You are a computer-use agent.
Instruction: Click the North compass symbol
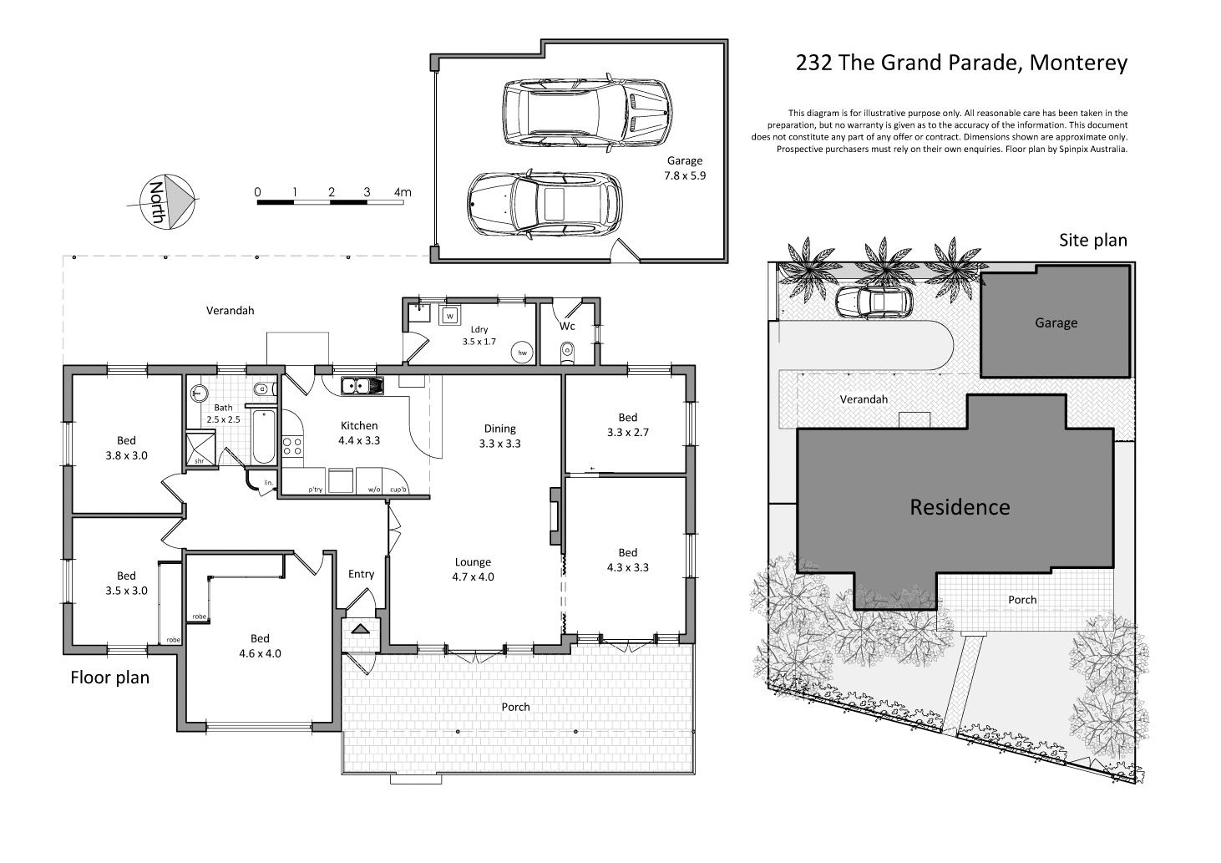point(167,201)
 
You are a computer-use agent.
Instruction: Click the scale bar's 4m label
point(403,192)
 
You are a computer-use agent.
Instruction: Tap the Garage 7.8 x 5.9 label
point(685,168)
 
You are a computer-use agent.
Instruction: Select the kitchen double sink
point(362,385)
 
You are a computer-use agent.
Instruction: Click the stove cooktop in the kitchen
point(292,446)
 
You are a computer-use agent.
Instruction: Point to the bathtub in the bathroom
point(265,437)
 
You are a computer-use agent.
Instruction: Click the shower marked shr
point(200,448)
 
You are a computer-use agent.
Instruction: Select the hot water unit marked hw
point(522,353)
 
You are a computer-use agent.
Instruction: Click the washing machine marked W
point(449,316)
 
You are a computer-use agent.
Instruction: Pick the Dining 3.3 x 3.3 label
point(500,436)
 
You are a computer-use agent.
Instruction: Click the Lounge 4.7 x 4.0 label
point(474,569)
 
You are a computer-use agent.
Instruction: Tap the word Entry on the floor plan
point(361,574)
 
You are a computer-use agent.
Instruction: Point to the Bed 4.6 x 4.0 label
point(260,646)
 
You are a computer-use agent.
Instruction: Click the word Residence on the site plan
point(960,507)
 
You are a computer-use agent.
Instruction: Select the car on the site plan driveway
point(874,302)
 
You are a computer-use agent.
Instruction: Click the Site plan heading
point(1093,241)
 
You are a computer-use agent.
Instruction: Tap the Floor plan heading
point(109,678)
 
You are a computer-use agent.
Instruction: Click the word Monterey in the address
point(1078,63)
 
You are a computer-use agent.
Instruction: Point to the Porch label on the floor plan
point(515,707)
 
